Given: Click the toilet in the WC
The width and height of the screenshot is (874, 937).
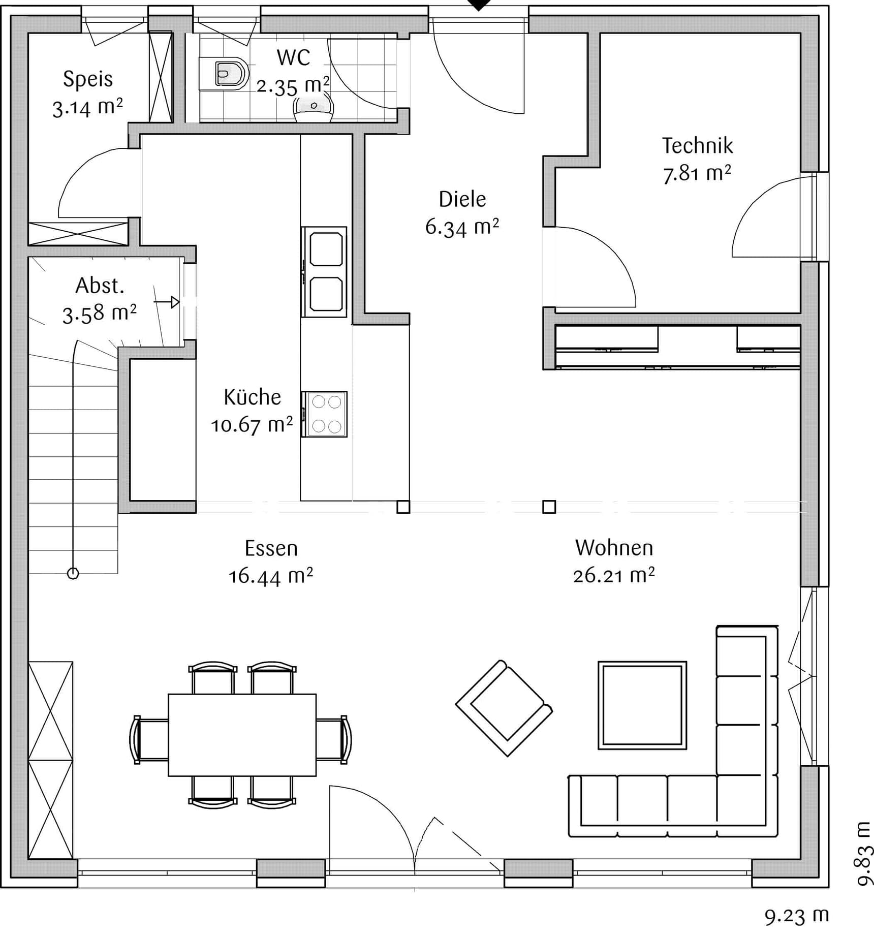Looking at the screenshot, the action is (x=224, y=74).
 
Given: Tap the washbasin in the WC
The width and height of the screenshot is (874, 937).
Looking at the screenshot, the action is (x=313, y=109).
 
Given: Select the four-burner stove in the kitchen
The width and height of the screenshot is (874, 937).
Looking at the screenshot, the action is (x=324, y=414).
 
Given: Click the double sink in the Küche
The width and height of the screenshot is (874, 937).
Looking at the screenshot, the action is (x=324, y=272).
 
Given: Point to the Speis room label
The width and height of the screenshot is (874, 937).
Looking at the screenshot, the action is (x=88, y=79).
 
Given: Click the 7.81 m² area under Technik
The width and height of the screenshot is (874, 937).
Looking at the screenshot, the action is (x=697, y=174).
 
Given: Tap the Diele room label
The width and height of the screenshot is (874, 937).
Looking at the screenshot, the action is (x=462, y=199).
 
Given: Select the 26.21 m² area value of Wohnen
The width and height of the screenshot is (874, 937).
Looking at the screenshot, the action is (x=614, y=576).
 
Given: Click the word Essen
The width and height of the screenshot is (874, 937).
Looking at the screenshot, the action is (x=271, y=548).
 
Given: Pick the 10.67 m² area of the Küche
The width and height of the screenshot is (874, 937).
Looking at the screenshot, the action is (x=252, y=425).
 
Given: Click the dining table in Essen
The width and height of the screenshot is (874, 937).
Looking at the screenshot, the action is (x=242, y=735).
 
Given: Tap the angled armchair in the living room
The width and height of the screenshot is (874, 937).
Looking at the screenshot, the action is (x=504, y=708).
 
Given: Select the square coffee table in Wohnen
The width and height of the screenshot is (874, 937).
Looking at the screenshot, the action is (x=642, y=705).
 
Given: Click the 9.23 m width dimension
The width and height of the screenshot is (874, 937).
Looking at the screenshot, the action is (x=797, y=916).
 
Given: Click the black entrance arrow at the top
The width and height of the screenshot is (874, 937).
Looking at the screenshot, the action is (x=479, y=5).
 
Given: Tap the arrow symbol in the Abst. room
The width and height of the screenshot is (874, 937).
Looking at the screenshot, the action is (x=167, y=302).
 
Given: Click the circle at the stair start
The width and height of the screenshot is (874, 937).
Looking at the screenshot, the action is (x=73, y=573).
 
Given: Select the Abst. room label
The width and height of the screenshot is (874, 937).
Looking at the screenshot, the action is (x=100, y=286).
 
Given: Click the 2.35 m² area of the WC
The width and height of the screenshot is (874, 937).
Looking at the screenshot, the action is (x=293, y=86).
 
